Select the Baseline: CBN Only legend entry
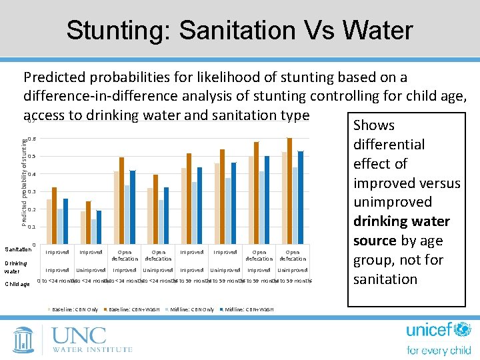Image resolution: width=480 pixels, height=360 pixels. [75, 309]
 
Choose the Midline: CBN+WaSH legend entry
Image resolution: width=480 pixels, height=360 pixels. [249, 309]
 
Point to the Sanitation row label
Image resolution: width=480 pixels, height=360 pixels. [17, 249]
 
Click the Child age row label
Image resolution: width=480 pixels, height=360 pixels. [17, 285]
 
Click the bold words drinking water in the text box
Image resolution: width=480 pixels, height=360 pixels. [392, 221]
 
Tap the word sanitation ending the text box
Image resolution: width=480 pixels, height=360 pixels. [385, 279]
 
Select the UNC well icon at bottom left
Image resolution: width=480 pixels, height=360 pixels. [23, 339]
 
